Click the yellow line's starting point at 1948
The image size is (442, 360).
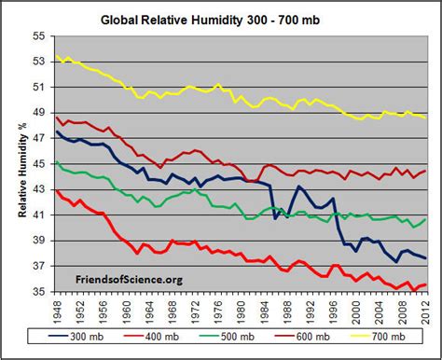[x=57, y=56]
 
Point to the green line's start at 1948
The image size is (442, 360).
[x=57, y=162]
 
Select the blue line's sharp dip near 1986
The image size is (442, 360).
[x=275, y=218]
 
